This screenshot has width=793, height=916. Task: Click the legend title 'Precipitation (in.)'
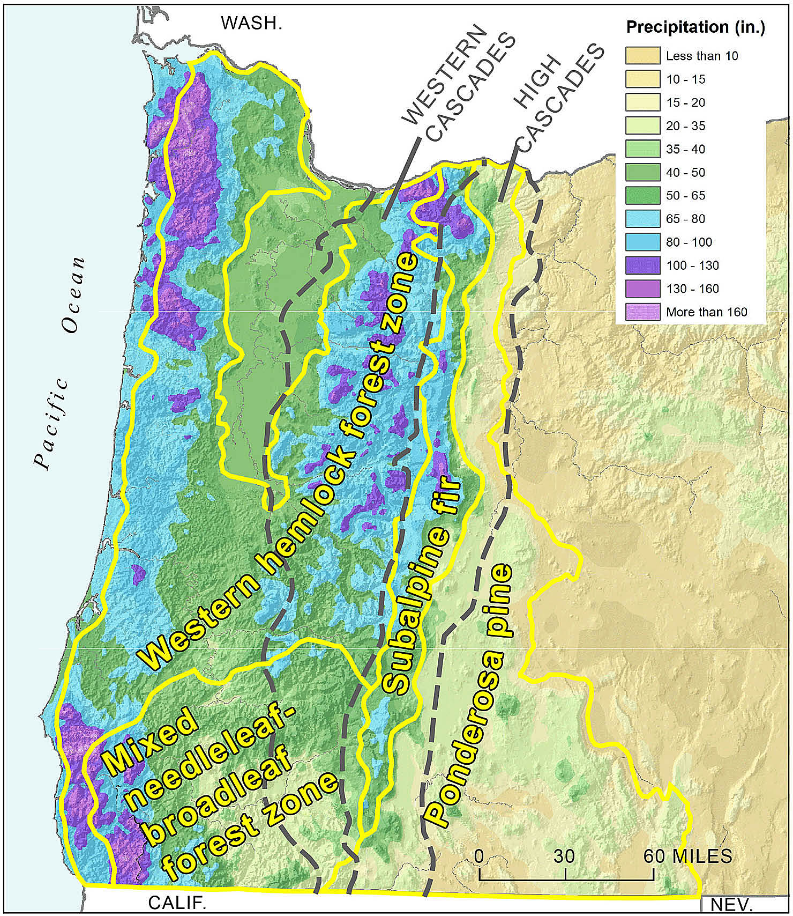695,27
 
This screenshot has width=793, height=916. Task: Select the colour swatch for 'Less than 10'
642,56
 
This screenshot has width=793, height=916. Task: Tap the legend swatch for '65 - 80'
642,219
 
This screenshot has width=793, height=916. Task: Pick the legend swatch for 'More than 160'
642,312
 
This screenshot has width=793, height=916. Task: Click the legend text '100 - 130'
692,265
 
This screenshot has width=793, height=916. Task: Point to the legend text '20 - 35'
685,126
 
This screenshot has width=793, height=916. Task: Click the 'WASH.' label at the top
251,23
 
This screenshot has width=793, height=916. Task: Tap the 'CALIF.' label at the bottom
177,903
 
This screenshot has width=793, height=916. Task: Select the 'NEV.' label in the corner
731,905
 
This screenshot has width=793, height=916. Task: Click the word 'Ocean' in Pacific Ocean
73,295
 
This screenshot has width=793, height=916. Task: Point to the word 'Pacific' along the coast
51,424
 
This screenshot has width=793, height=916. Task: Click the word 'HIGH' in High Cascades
537,80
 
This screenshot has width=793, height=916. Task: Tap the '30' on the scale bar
564,856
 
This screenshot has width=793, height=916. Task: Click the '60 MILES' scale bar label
687,856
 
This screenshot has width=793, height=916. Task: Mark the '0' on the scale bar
479,856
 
